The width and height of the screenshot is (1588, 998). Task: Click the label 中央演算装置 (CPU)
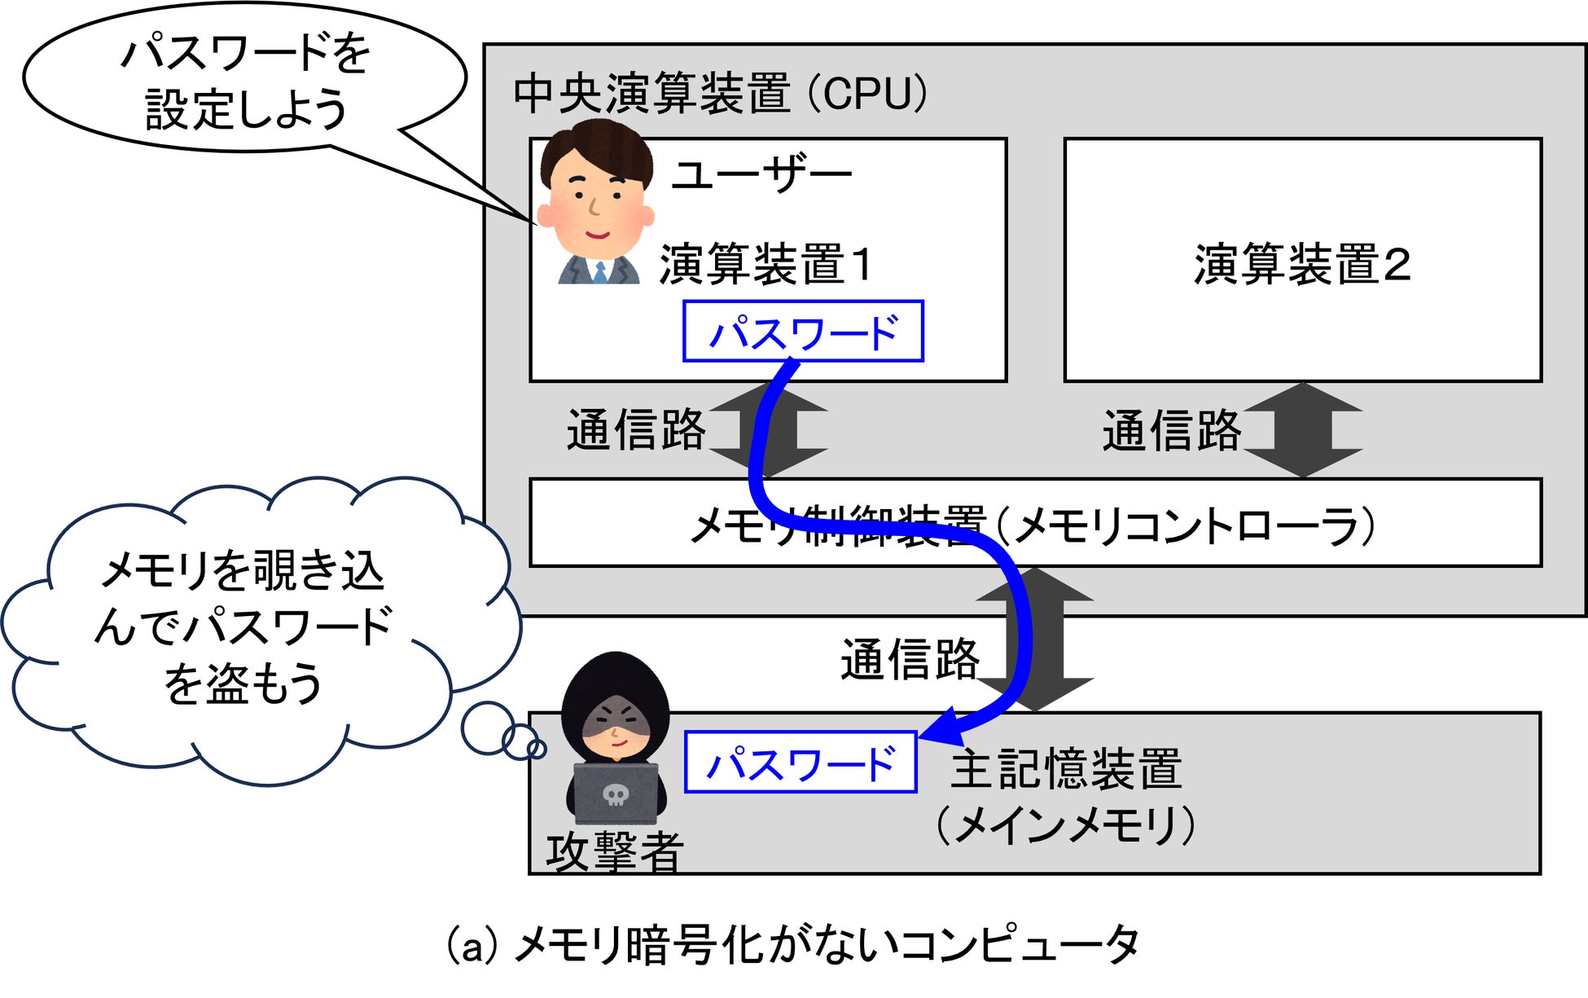coord(720,93)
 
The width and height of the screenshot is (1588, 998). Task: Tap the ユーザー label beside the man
coord(761,174)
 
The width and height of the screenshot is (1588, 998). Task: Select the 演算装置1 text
coord(765,264)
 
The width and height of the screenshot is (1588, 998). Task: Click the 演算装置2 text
coord(1302,264)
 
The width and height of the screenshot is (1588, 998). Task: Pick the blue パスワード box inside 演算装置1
coord(803,331)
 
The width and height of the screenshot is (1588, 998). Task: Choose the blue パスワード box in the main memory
coord(801,763)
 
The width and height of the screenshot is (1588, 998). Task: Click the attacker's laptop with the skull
coord(616,793)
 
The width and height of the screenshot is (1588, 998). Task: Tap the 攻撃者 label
coord(614,852)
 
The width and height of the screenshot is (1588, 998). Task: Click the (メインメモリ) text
coord(1066,824)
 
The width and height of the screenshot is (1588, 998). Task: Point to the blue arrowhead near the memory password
coord(941,728)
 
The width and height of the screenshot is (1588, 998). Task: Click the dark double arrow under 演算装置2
coord(1303,430)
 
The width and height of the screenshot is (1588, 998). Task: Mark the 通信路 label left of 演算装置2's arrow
coord(1171,430)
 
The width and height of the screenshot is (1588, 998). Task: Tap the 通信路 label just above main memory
coord(910,659)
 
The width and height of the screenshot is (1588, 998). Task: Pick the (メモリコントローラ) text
coord(1186,525)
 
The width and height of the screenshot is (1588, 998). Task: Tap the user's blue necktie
coord(600,271)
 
